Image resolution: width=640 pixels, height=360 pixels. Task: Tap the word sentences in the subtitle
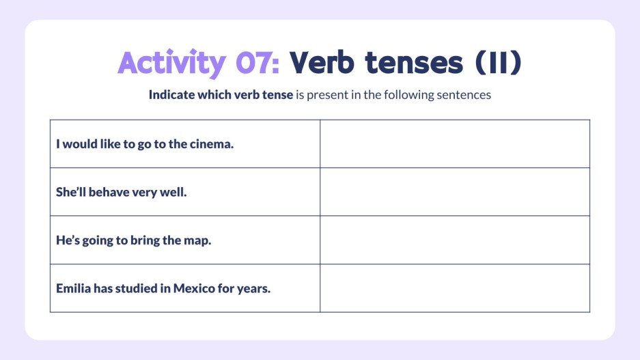pos(465,95)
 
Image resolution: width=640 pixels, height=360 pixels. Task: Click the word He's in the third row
pos(68,240)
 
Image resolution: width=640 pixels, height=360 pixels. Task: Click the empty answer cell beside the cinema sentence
pos(454,144)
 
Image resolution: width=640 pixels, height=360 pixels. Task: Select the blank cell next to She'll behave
pos(454,192)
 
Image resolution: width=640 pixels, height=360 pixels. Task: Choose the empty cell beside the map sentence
pos(454,240)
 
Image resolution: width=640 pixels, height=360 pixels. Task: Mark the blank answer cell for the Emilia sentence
pos(454,288)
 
